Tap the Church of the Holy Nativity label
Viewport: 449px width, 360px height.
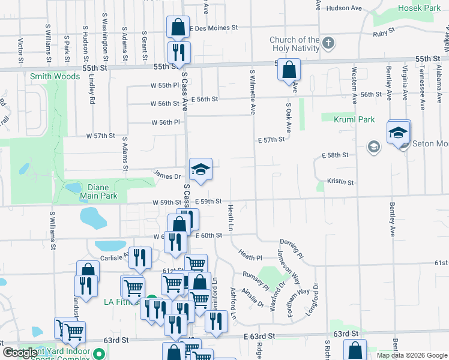[294, 44]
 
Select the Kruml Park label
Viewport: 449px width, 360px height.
[354, 119]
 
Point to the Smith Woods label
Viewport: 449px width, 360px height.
[55, 76]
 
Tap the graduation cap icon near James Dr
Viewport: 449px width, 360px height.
[201, 170]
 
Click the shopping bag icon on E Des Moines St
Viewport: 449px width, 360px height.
[178, 28]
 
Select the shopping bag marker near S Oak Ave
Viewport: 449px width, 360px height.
[289, 70]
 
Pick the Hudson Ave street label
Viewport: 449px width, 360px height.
[344, 8]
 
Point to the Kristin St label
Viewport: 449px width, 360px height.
[340, 181]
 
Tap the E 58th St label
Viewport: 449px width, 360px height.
[335, 155]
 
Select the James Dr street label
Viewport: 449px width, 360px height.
[167, 176]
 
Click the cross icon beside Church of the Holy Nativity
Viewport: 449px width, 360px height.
[328, 44]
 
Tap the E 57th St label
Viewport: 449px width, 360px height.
[271, 139]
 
